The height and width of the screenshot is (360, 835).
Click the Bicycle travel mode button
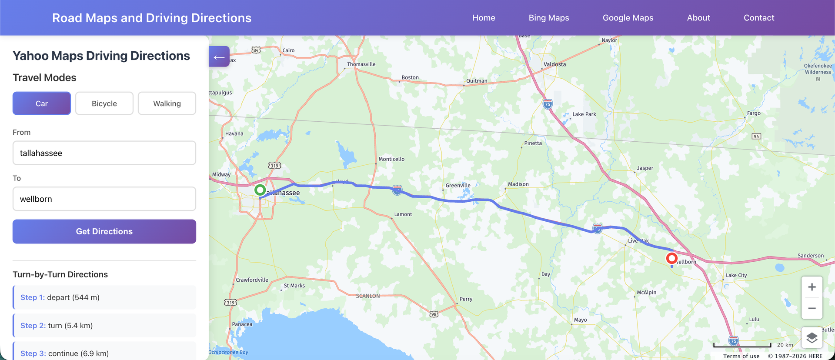pyautogui.click(x=104, y=103)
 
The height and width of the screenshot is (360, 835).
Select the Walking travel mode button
pyautogui.click(x=167, y=103)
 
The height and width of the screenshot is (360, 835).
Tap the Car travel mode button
pyautogui.click(x=42, y=103)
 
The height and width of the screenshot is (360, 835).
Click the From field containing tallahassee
pyautogui.click(x=104, y=153)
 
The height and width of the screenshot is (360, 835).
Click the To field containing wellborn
pyautogui.click(x=104, y=199)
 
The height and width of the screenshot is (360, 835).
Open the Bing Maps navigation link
pyautogui.click(x=549, y=18)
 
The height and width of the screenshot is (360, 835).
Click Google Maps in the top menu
pyautogui.click(x=628, y=18)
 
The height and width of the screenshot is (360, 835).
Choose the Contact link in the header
pyautogui.click(x=759, y=18)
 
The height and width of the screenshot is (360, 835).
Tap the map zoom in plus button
pyautogui.click(x=812, y=287)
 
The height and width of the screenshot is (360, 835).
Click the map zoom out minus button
pyautogui.click(x=812, y=309)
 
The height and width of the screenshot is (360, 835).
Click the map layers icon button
pyautogui.click(x=812, y=338)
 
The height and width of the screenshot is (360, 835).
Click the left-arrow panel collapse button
pyautogui.click(x=219, y=57)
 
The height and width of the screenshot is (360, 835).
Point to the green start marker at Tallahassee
pyautogui.click(x=260, y=190)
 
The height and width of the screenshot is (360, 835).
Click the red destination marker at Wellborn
pyautogui.click(x=672, y=259)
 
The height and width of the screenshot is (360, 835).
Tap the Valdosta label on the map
pyautogui.click(x=555, y=64)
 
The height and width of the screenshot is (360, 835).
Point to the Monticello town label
pyautogui.click(x=391, y=159)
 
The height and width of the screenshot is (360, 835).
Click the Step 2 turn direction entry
pyautogui.click(x=104, y=326)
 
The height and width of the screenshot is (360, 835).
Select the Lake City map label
pyautogui.click(x=736, y=275)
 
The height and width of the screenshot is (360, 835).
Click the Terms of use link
pyautogui.click(x=741, y=356)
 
